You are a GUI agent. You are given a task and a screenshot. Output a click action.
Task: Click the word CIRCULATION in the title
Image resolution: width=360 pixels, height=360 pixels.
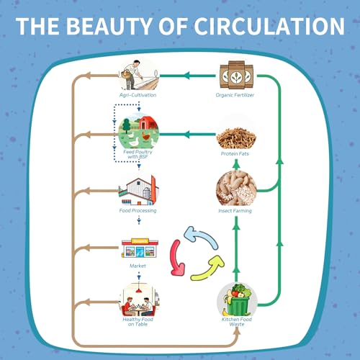pyautogui.click(x=269, y=26)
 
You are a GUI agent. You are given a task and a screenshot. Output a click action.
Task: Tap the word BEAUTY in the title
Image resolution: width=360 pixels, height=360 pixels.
pyautogui.click(x=109, y=26)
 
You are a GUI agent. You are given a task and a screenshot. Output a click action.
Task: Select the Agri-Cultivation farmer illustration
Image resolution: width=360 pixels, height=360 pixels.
pyautogui.click(x=139, y=74)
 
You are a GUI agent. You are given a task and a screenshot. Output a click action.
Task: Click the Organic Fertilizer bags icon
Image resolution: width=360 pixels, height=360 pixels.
pyautogui.click(x=236, y=75)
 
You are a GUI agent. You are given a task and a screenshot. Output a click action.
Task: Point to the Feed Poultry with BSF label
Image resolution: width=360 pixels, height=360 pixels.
pyautogui.click(x=138, y=154)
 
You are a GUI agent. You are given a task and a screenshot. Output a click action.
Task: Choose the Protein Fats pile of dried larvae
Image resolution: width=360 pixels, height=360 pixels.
pyautogui.click(x=236, y=138)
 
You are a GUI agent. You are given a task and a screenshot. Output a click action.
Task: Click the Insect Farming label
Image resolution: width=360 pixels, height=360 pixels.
pyautogui.click(x=235, y=211)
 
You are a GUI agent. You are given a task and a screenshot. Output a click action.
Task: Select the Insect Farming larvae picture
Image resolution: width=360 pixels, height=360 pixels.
pyautogui.click(x=236, y=188)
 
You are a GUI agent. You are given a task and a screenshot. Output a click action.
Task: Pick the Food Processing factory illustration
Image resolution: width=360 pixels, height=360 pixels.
pyautogui.click(x=139, y=191)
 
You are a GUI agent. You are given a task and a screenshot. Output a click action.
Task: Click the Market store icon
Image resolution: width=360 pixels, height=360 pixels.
pyautogui.click(x=140, y=248)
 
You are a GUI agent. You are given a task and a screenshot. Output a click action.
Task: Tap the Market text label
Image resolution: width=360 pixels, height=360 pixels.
pyautogui.click(x=138, y=266)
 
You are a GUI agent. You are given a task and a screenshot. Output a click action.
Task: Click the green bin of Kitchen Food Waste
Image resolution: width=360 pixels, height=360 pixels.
pyautogui.click(x=239, y=306)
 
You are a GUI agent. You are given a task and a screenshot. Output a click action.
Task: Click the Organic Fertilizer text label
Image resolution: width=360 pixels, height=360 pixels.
pyautogui.click(x=235, y=95)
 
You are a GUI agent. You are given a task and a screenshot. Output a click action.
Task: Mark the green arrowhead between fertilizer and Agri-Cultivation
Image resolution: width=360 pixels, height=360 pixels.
pyautogui.click(x=186, y=76)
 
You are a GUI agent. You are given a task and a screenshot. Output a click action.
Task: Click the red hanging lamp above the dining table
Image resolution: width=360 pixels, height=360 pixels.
pyautogui.click(x=138, y=291)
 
